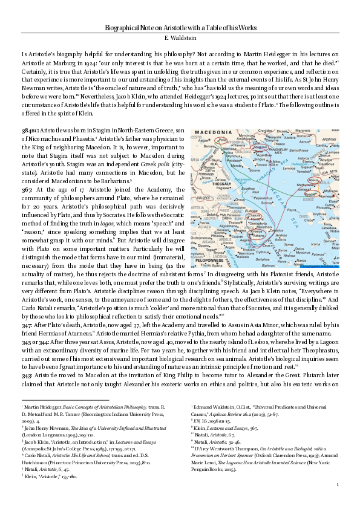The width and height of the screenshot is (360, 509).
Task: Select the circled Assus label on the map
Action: (315, 180)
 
